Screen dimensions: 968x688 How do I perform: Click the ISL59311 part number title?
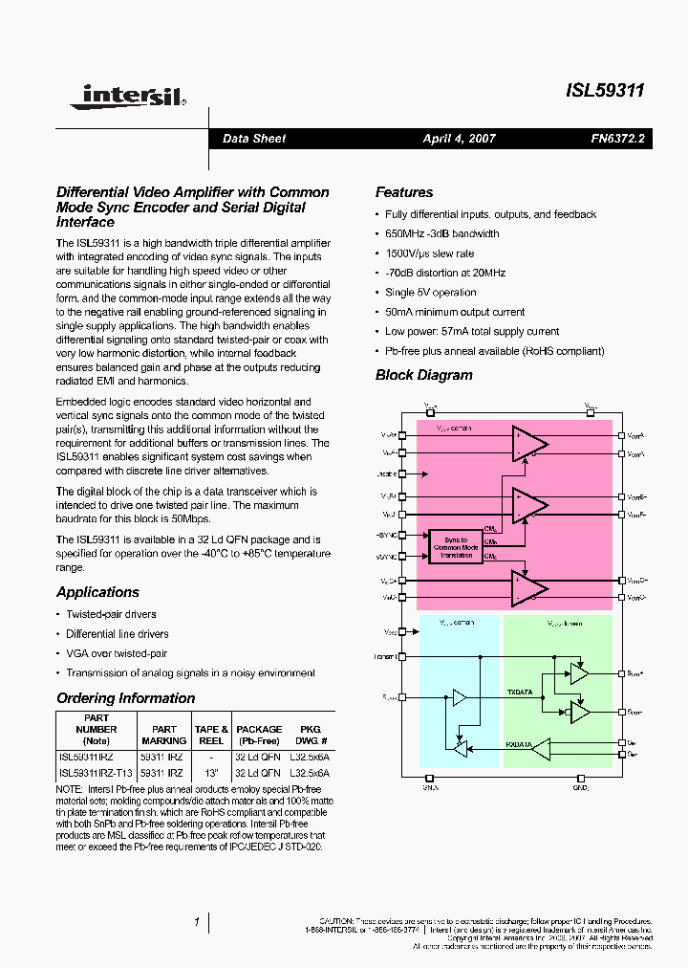coord(605,91)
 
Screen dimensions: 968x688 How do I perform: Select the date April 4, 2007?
coord(459,139)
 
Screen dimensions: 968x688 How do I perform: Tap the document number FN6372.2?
coord(617,139)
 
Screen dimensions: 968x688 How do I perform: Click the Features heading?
coord(403,192)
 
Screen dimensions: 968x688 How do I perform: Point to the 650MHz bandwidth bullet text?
coord(441,233)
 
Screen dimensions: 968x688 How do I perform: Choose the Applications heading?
coord(97,592)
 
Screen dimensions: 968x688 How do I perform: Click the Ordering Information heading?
coord(125,698)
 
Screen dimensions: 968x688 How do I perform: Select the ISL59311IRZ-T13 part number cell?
coord(96,772)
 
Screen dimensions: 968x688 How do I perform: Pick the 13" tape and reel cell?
coord(211,772)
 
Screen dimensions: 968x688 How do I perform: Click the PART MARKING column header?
coord(164,735)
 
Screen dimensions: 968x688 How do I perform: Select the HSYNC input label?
coord(386,536)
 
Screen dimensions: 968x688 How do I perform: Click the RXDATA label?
coord(520,743)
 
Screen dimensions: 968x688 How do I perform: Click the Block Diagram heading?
coord(423,375)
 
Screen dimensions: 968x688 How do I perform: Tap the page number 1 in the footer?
coord(196,921)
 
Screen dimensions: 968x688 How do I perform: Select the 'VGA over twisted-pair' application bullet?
coord(117,653)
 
